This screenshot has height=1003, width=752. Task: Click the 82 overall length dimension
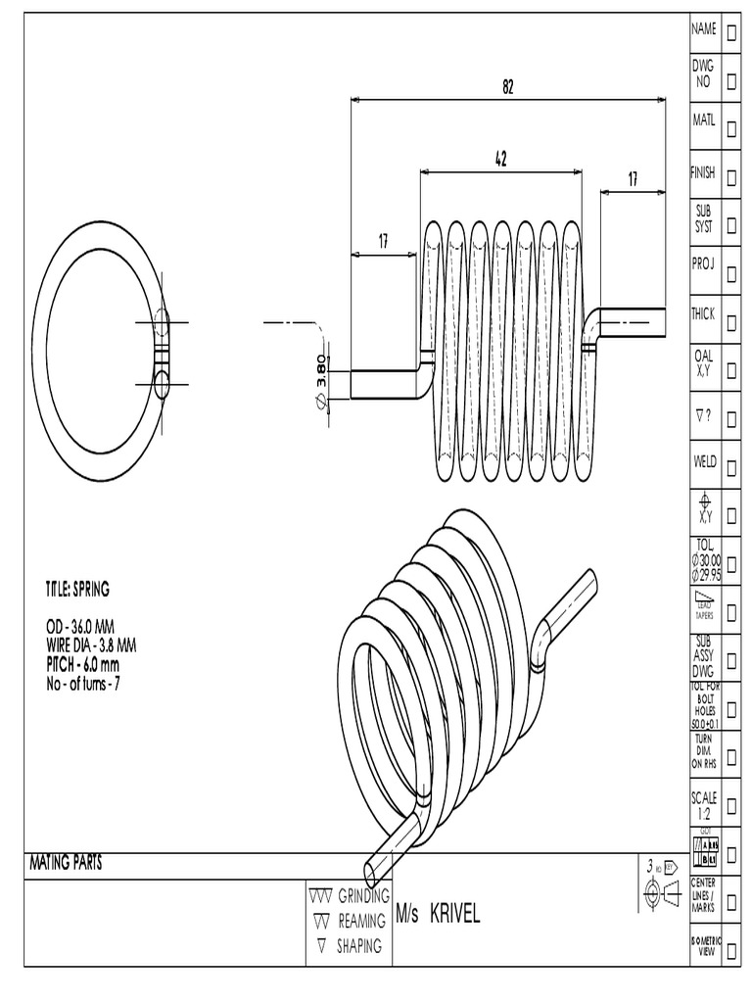click(x=508, y=87)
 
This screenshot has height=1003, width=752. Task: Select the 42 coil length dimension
click(x=500, y=159)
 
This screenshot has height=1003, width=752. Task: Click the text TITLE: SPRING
click(x=77, y=589)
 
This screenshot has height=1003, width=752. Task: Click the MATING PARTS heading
click(x=64, y=863)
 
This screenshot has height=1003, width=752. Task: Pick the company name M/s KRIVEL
click(x=439, y=914)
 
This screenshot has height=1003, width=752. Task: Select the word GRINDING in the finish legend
click(x=363, y=896)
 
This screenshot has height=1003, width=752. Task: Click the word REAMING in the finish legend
click(x=361, y=922)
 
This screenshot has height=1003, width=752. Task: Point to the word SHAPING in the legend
click(x=359, y=946)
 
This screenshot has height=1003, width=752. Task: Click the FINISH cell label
click(x=703, y=172)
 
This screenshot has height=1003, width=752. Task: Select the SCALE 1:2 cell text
click(x=704, y=805)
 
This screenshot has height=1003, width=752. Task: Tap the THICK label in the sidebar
click(x=703, y=314)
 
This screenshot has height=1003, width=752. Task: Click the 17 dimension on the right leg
click(x=633, y=179)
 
